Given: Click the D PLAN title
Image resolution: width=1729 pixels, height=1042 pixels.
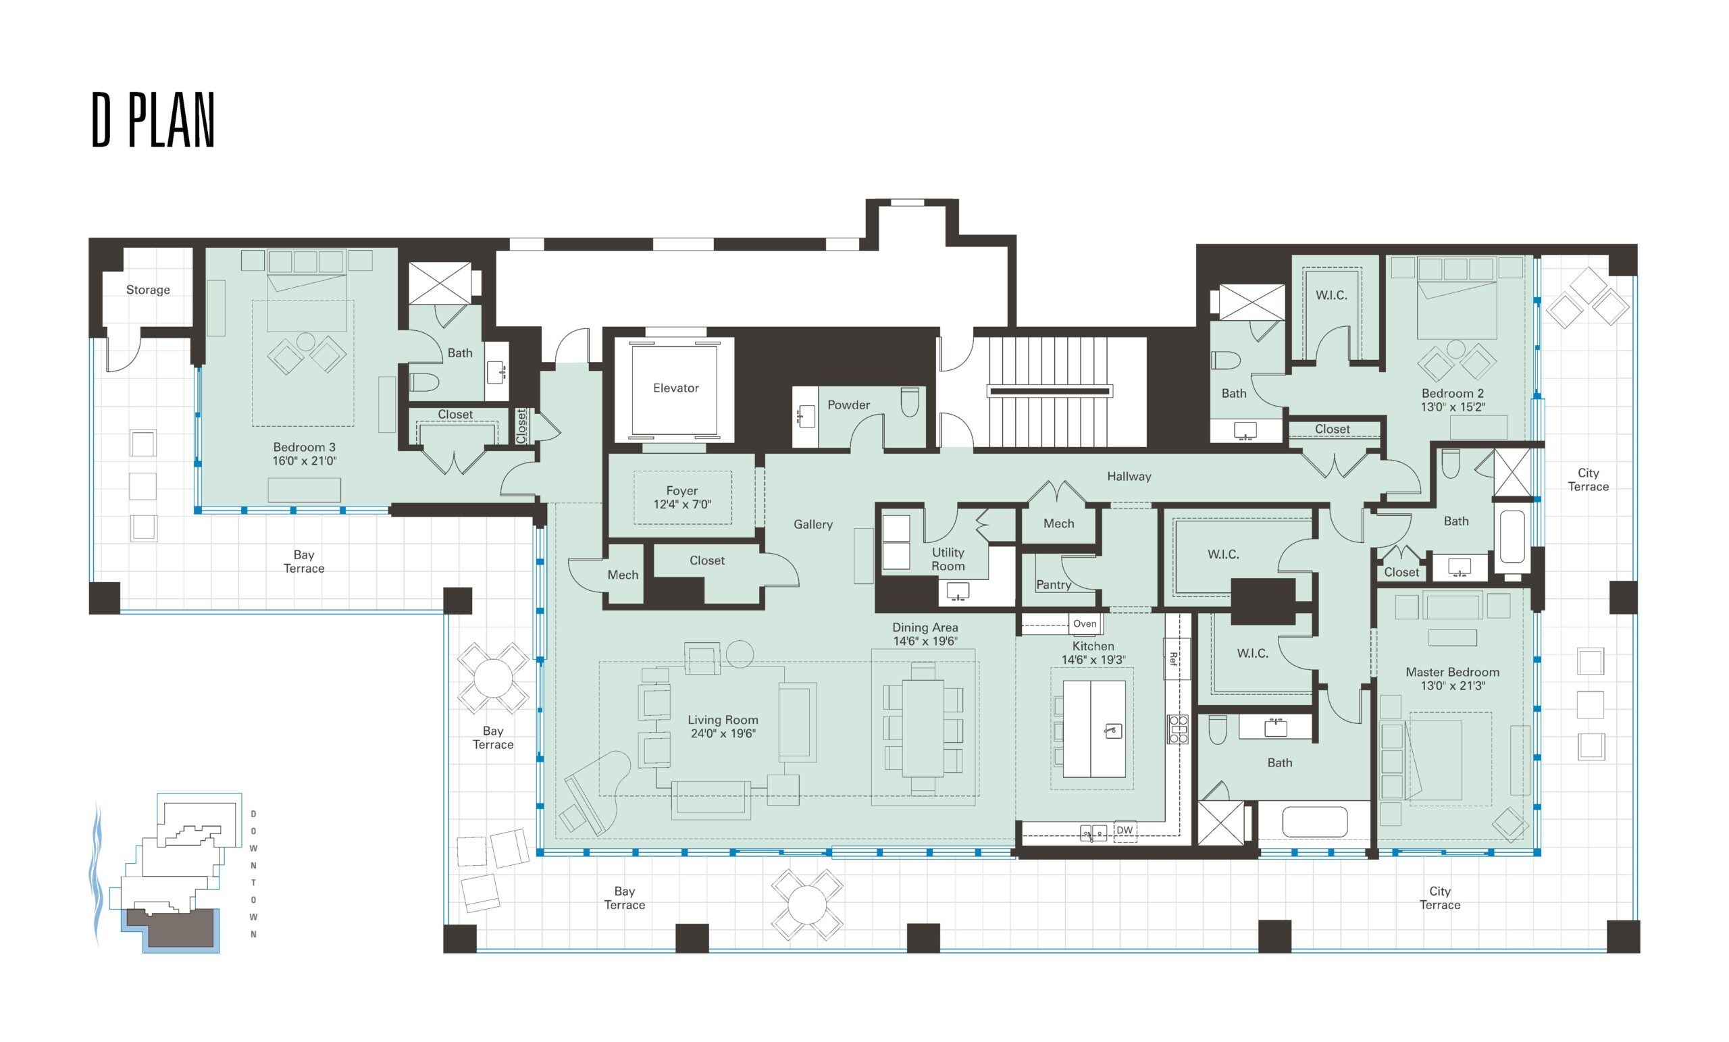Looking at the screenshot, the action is click(153, 120).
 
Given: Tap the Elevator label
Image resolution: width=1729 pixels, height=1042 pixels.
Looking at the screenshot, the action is click(676, 388).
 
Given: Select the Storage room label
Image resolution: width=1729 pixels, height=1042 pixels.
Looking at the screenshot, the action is click(148, 290).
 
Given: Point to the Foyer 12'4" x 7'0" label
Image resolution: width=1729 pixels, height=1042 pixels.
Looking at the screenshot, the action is click(682, 497).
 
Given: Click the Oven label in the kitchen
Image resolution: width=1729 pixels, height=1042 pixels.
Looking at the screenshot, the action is click(1084, 623).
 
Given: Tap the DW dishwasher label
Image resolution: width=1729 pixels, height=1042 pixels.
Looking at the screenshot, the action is click(1124, 830).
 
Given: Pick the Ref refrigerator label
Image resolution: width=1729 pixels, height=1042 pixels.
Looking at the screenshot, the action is click(1173, 659).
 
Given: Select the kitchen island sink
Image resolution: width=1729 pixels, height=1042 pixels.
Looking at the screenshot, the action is click(1113, 731).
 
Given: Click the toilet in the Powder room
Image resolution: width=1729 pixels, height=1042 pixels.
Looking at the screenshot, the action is click(909, 402).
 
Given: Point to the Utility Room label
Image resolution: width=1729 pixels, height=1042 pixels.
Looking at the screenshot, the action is click(948, 559).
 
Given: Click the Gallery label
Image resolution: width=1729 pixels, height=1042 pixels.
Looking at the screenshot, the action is click(813, 524).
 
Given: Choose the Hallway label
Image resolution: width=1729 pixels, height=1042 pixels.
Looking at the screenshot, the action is click(1129, 477).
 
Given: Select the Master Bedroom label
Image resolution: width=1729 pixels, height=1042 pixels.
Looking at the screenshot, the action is click(1453, 671).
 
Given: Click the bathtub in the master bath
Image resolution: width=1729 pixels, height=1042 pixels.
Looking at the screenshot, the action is click(1315, 822).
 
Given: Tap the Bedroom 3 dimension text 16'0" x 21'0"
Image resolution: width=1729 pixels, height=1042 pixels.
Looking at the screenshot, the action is click(305, 461).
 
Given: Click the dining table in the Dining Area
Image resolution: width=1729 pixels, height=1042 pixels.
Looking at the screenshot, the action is click(923, 729).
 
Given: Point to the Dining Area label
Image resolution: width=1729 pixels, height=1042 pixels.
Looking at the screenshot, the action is click(925, 627).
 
